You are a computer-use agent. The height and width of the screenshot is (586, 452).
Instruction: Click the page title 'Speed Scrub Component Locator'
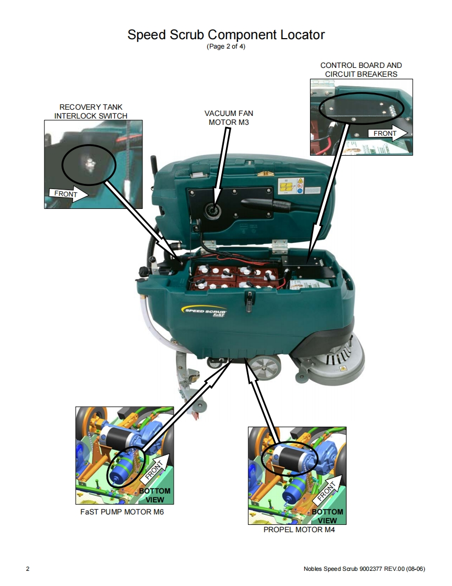(226, 34)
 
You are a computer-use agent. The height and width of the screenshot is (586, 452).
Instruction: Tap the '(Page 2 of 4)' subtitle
(226, 46)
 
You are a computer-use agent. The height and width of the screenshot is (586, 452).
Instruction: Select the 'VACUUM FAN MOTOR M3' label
(229, 118)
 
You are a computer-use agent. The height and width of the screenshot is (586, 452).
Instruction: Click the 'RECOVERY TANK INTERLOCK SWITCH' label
(91, 111)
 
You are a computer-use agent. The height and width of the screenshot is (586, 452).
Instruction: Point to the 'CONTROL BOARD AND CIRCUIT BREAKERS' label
(361, 69)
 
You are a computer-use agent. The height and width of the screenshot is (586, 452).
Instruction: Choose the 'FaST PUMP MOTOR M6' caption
(122, 512)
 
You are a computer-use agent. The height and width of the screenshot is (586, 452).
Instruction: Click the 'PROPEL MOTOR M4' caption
(299, 530)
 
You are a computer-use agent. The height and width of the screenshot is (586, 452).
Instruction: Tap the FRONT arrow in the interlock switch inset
(69, 194)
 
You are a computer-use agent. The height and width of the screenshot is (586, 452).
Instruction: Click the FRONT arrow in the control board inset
(388, 133)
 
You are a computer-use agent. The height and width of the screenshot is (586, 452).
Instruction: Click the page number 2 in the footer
(28, 569)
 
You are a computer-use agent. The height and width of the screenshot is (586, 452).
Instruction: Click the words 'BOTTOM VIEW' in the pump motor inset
(154, 495)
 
